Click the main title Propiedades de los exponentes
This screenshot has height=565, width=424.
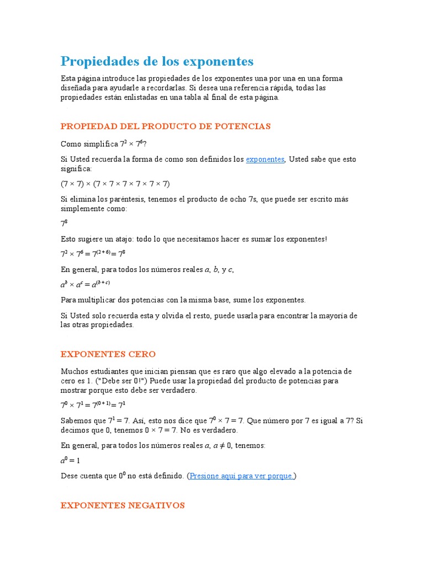[157, 61]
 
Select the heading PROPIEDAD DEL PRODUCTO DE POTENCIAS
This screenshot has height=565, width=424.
[166, 126]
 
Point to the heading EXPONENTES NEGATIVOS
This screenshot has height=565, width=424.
[123, 505]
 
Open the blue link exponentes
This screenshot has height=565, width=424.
[265, 159]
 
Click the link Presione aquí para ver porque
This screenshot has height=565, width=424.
[242, 476]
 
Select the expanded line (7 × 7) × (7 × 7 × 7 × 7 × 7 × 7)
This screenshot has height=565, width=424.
[115, 184]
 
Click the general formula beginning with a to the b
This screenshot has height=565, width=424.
[85, 285]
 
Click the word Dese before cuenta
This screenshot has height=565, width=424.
[70, 476]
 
